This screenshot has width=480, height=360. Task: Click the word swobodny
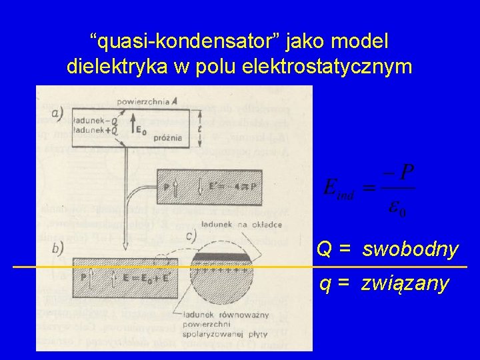410,249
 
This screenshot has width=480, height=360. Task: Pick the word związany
405,284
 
